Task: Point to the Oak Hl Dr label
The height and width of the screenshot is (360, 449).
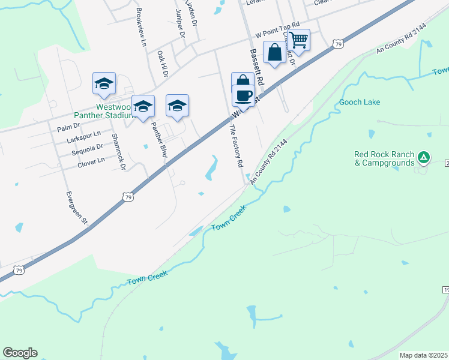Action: pos(161,63)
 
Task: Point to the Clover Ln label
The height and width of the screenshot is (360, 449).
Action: pos(91,160)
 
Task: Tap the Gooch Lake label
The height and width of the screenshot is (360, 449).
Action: pos(360,102)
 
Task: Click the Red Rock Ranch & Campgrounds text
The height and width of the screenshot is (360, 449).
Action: pos(384,158)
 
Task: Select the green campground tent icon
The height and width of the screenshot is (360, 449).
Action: pos(424,158)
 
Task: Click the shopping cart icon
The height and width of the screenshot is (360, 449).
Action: pos(298,41)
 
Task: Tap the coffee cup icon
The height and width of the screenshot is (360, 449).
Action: pos(244,95)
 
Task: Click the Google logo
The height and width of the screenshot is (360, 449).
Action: pos(20,353)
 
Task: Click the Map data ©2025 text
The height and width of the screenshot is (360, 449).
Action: pos(423,355)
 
